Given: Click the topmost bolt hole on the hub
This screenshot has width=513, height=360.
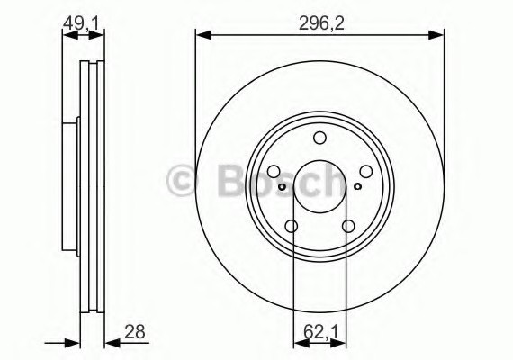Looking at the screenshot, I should (x=319, y=138).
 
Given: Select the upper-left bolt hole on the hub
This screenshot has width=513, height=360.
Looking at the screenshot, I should (x=274, y=171).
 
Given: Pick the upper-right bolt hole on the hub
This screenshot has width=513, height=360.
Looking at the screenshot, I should (x=365, y=171).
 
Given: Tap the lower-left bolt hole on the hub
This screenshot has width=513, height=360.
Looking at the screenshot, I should (x=292, y=226).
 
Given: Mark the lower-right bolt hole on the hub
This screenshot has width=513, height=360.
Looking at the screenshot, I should (x=347, y=226).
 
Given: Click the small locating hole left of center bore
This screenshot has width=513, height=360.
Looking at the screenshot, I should (x=283, y=187).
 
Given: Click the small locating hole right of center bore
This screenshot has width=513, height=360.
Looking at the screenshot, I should (x=357, y=187).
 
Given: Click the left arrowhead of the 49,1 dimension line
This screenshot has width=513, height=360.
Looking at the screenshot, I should (x=66, y=36).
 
